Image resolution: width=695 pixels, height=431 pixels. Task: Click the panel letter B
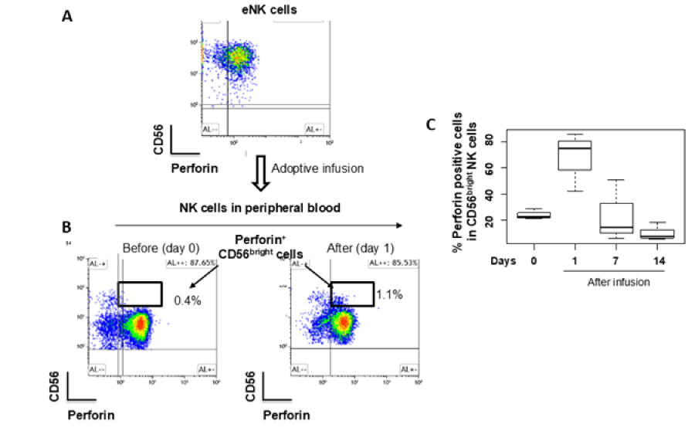[67, 228]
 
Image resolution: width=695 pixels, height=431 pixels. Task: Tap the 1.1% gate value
[390, 294]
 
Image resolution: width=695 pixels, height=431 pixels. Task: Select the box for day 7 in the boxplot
[616, 218]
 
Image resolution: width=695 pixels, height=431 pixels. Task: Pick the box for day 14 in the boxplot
[657, 233]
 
